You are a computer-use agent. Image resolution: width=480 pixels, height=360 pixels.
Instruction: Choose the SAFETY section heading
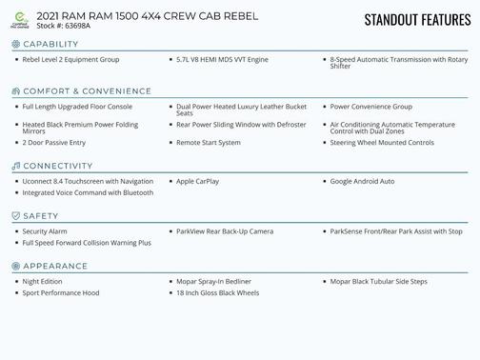coord(41,216)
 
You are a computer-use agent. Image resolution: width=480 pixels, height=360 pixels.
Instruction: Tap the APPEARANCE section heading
coord(54,267)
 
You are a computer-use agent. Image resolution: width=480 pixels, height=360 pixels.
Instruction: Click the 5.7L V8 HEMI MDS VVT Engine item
coord(222,59)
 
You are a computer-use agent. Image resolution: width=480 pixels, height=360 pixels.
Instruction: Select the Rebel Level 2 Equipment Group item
coord(70,59)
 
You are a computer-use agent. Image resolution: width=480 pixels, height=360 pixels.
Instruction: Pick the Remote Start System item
coord(209,142)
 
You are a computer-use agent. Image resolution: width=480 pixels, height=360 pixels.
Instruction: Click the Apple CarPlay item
coord(198,180)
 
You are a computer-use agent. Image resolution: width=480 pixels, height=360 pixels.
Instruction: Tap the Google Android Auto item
coord(362,180)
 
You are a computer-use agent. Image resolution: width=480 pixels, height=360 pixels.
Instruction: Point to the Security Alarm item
coord(45,230)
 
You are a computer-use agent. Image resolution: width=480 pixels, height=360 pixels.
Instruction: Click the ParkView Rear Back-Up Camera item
coord(225,230)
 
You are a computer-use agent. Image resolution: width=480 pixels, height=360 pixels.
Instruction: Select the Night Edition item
coord(43,281)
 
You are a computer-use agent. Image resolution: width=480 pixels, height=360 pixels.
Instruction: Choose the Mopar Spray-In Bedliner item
coord(214,281)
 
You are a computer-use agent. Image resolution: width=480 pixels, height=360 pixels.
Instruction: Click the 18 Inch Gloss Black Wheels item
coord(217,292)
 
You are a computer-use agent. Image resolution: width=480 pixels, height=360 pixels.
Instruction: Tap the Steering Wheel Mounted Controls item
coord(382,142)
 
